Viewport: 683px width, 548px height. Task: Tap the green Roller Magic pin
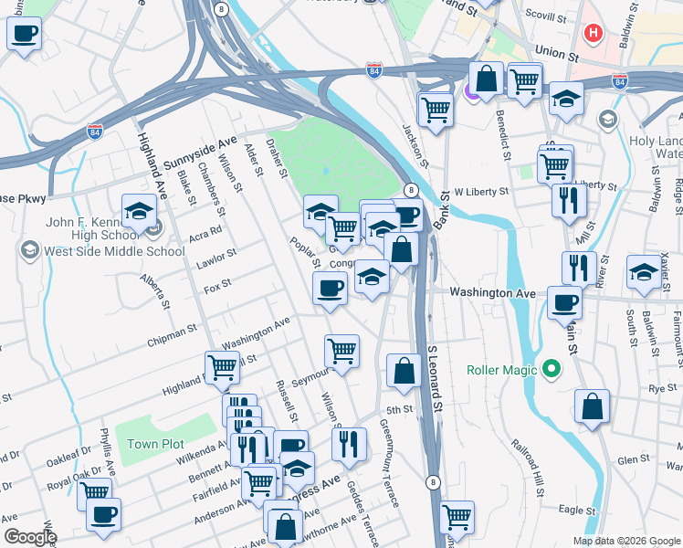[551, 370]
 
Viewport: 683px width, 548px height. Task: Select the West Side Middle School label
[102, 251]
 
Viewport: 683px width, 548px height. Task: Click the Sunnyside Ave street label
[201, 153]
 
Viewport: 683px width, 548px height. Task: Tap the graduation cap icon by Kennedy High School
[139, 211]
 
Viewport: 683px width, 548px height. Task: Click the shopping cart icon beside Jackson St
[436, 109]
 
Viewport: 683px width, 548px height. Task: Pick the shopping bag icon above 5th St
[404, 370]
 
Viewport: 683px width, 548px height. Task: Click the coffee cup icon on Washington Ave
[564, 302]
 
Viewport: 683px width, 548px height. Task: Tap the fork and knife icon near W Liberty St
[569, 200]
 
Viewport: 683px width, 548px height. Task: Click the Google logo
[30, 537]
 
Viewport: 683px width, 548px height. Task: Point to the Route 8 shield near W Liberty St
[412, 190]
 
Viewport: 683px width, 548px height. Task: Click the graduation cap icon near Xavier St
[644, 272]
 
